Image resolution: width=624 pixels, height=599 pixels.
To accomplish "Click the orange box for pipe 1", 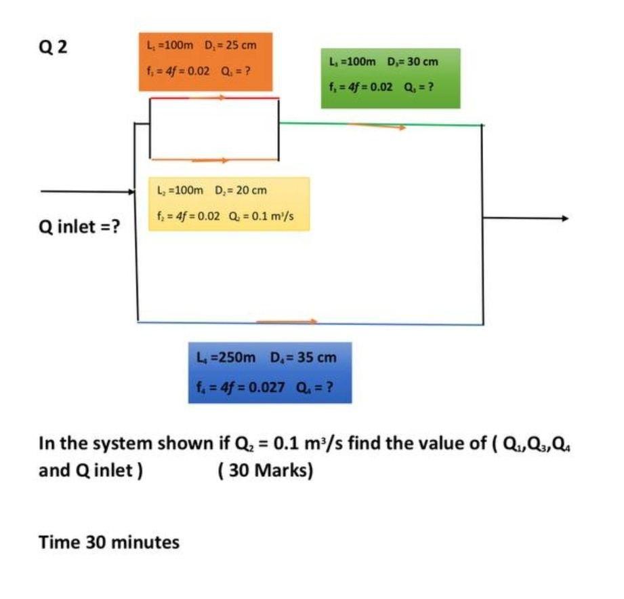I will click(205, 61).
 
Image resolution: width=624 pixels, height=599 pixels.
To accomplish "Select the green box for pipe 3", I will click(390, 78).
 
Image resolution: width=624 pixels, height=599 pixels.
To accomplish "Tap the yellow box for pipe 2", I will click(229, 204).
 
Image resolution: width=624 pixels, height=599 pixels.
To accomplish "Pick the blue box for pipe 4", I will click(270, 372).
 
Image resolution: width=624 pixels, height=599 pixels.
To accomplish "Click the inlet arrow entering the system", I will click(88, 192).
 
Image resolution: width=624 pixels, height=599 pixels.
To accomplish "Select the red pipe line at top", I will click(213, 98).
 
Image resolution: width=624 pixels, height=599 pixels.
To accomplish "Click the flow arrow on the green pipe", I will click(377, 125).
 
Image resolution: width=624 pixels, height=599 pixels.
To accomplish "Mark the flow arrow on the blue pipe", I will click(287, 321).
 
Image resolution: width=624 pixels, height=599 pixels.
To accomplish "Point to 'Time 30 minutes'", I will click(109, 542).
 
